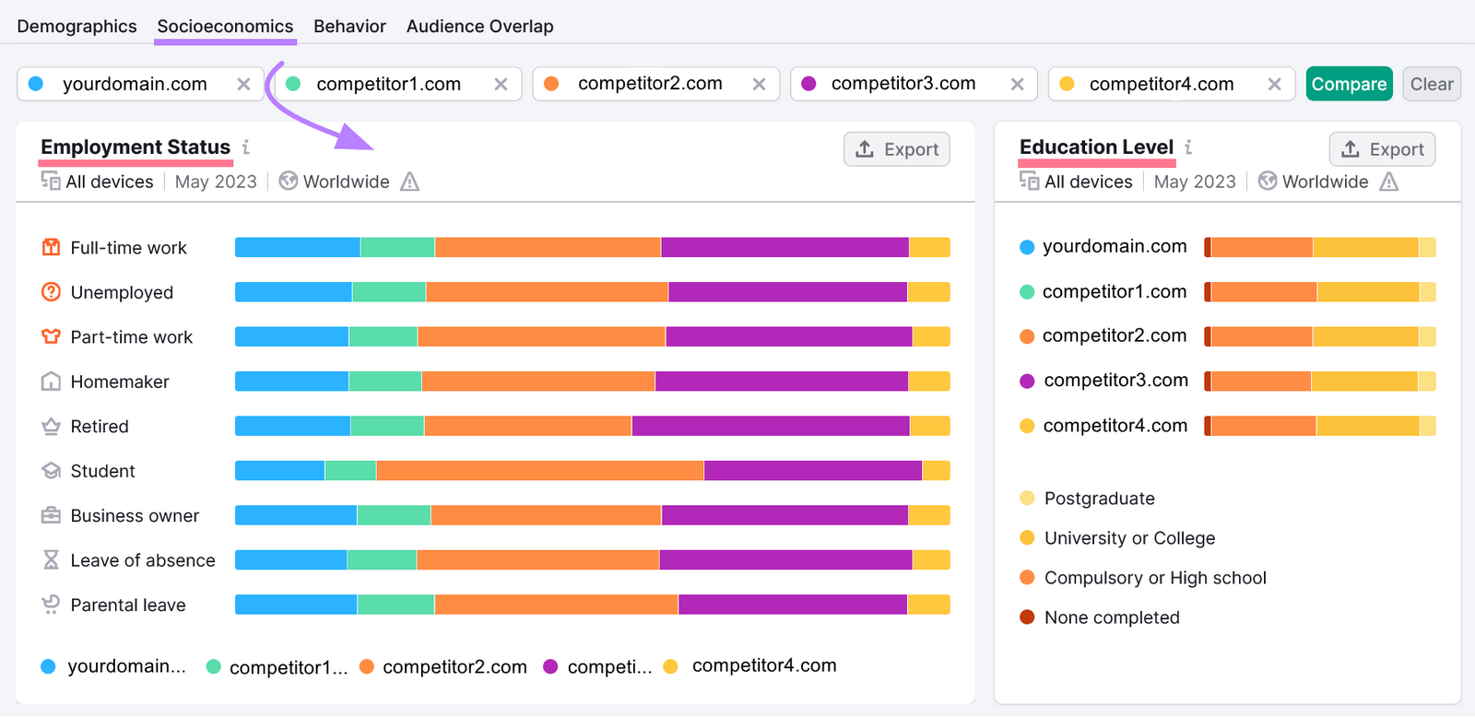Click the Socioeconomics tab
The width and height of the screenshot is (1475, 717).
[225, 27]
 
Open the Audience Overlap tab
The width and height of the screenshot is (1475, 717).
[479, 27]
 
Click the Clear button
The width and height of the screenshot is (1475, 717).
[1431, 84]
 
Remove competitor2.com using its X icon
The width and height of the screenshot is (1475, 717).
[759, 84]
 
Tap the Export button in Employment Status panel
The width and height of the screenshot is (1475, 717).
[897, 149]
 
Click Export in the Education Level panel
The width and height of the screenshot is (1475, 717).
[1382, 149]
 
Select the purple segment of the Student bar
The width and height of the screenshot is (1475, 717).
[812, 471]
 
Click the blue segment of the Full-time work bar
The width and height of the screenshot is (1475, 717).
[297, 247]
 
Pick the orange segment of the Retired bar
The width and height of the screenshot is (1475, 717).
[527, 426]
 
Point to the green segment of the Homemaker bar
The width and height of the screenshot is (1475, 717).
[384, 382]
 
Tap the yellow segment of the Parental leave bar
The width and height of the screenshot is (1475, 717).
[928, 605]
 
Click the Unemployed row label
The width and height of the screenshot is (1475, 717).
[122, 293]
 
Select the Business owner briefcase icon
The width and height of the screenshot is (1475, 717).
[51, 515]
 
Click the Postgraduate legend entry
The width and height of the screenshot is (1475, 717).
[1099, 499]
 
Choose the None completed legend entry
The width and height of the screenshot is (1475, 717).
[1111, 617]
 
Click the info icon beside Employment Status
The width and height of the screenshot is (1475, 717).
[246, 147]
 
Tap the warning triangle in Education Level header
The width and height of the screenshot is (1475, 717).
[1389, 182]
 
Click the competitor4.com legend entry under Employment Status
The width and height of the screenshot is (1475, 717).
[763, 665]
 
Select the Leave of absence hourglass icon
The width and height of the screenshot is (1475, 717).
[51, 560]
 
